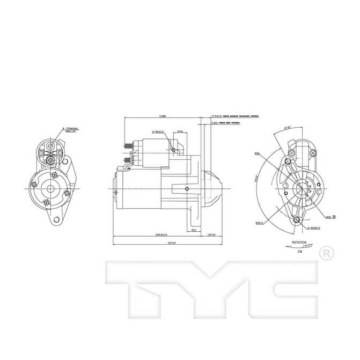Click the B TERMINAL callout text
(70, 130)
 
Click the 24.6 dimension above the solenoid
(180, 131)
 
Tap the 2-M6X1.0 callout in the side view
(159, 131)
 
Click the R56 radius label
(257, 153)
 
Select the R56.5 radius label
(259, 222)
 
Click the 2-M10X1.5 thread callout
(314, 227)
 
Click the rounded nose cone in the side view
(212, 189)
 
